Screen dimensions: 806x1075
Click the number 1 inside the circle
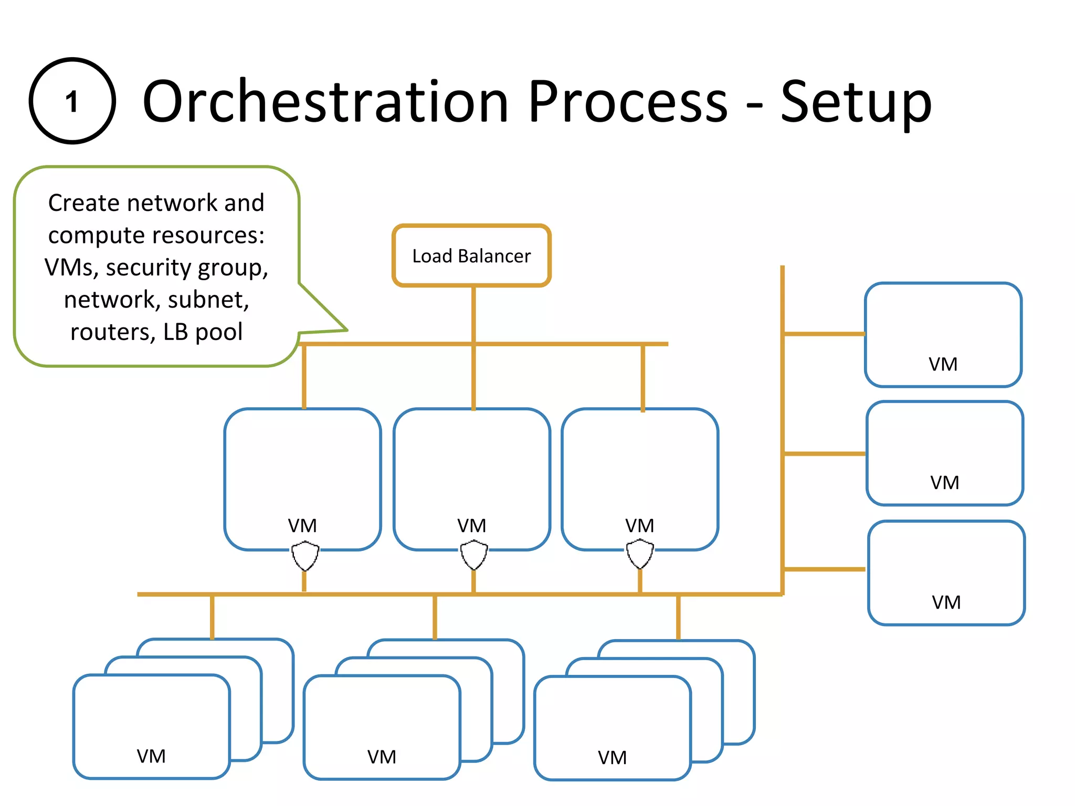click(x=72, y=102)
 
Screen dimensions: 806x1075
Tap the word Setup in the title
click(x=856, y=103)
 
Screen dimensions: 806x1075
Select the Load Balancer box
click(x=471, y=256)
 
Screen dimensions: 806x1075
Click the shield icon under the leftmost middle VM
click(x=305, y=556)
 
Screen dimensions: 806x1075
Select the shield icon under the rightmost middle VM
click(x=640, y=555)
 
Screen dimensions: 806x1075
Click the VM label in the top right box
click(x=943, y=364)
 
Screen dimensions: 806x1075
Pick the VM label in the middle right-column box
click(x=944, y=483)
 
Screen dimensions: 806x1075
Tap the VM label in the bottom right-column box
click(x=946, y=602)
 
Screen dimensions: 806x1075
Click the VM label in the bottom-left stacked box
click(x=151, y=756)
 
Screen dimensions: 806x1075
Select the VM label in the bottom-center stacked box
click(x=382, y=757)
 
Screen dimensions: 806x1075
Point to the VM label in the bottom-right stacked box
click(x=612, y=758)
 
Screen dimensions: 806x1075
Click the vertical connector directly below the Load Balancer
click(x=473, y=315)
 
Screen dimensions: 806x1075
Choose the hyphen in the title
click(x=754, y=105)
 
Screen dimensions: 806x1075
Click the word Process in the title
click(x=628, y=102)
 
